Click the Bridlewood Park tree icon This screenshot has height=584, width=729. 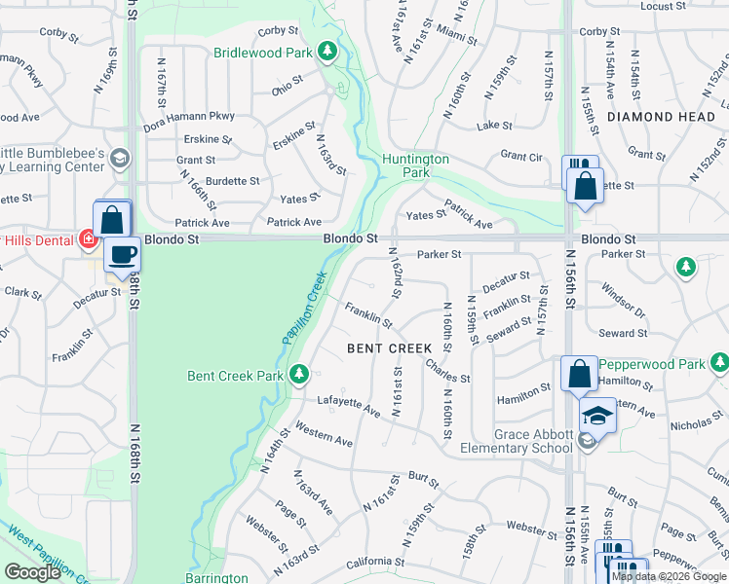[x=329, y=51]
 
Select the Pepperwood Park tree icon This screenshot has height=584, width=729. [x=719, y=364]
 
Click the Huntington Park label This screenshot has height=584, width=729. [x=415, y=165]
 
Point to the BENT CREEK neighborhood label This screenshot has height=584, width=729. [x=390, y=348]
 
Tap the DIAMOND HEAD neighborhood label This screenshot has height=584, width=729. [x=654, y=116]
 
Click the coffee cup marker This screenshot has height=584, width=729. [x=122, y=257]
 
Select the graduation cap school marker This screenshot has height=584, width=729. [x=597, y=417]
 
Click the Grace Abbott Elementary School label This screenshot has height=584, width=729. [x=519, y=440]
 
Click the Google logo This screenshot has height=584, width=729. [x=33, y=572]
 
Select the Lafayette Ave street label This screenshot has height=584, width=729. [x=348, y=405]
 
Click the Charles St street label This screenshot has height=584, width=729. [x=448, y=371]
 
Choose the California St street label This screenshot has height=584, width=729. [x=374, y=562]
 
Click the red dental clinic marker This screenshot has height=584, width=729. [x=89, y=238]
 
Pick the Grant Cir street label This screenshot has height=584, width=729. [x=520, y=155]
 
